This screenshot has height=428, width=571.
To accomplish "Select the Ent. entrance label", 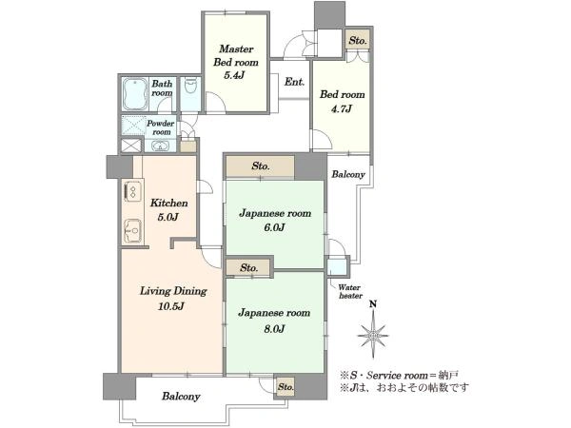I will pyautogui.click(x=294, y=82).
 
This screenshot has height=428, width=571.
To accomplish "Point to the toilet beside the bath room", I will pyautogui.click(x=188, y=92).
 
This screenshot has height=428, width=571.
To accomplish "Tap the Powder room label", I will pyautogui.click(x=160, y=127).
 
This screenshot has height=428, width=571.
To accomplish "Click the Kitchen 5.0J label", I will pyautogui.click(x=167, y=210).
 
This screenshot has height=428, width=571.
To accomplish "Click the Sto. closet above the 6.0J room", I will pyautogui.click(x=261, y=166).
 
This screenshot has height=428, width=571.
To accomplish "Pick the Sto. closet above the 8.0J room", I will pyautogui.click(x=249, y=267).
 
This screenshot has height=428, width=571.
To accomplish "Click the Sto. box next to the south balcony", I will pyautogui.click(x=285, y=387).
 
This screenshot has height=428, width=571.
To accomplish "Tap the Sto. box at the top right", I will pyautogui.click(x=357, y=41).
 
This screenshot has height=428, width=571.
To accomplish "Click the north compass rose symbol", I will pyautogui.click(x=375, y=334).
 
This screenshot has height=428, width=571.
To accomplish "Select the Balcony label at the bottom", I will pyautogui.click(x=180, y=396).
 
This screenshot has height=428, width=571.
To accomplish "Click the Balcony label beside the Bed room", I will pyautogui.click(x=348, y=175).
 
